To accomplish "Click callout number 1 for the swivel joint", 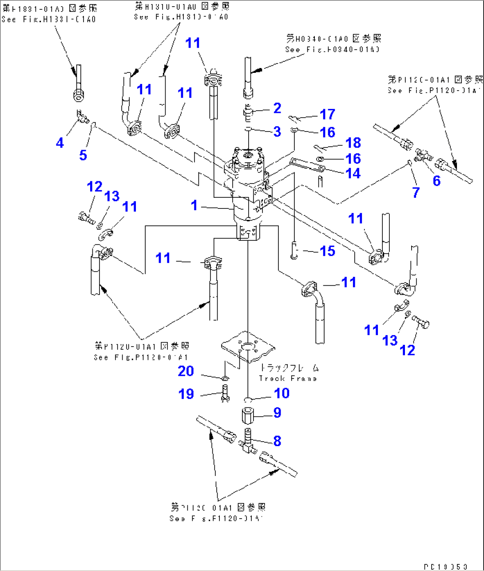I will point(194,205).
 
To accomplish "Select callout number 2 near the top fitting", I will point(277,108).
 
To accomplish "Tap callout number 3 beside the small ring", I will point(277,131).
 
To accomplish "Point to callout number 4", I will point(60,143).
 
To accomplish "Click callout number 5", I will point(83,155).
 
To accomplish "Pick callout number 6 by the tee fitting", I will point(436,180).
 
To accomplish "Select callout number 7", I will point(416,192).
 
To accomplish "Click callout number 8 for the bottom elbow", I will point(277,441).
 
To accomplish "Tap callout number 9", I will point(277,413).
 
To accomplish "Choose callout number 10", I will point(282,393).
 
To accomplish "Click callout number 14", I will point(353,173).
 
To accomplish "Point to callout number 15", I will point(327,251).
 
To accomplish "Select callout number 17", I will point(327,114).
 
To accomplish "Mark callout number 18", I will point(353,143).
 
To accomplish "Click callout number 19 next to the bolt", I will point(186,394).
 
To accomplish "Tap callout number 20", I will point(186,371).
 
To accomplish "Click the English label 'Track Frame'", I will point(288,379).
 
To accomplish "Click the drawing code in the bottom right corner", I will point(445,567).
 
